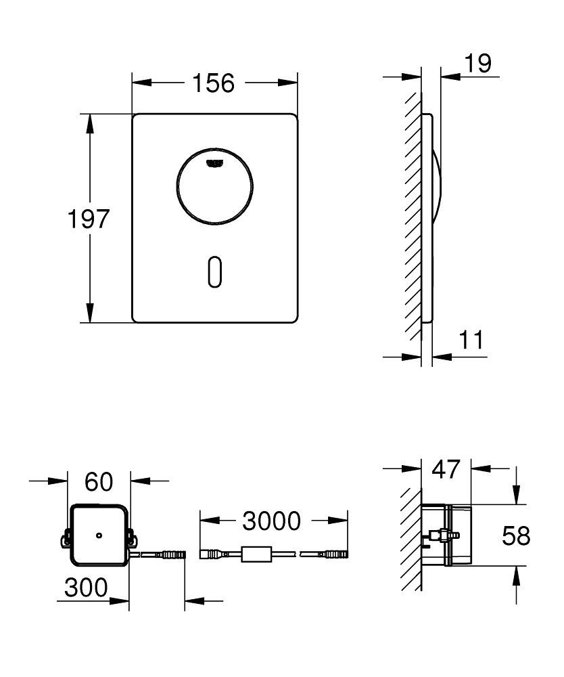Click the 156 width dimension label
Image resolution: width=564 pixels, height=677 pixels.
tap(213, 83)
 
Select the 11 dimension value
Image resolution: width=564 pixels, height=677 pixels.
tap(471, 340)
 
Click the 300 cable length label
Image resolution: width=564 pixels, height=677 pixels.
tap(86, 588)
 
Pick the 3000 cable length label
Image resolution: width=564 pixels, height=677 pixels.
tap(271, 521)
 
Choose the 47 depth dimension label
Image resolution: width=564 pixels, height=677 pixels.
tap(446, 468)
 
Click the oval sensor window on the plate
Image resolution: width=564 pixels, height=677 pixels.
tap(214, 273)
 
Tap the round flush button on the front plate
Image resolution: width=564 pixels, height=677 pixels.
tap(214, 184)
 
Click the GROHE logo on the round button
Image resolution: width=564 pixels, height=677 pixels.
tap(214, 161)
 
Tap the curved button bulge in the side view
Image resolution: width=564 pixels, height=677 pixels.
tap(436, 183)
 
